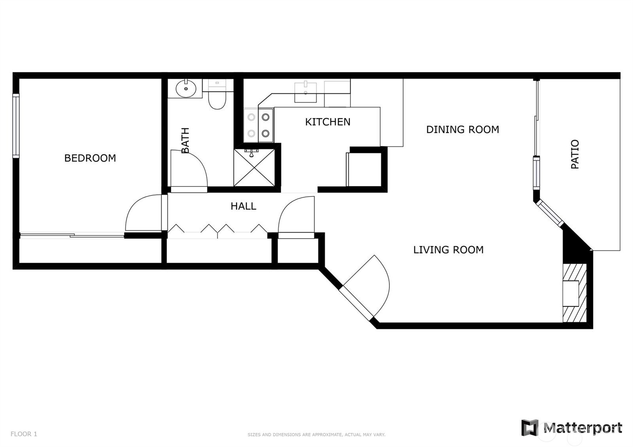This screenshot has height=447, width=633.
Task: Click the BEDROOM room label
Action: click(x=90, y=158)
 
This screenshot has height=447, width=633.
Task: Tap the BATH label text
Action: click(x=185, y=140)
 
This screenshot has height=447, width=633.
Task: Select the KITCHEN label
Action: click(x=328, y=122)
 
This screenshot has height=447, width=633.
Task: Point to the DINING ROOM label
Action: click(x=462, y=129)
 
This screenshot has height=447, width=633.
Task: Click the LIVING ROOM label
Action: click(x=449, y=250)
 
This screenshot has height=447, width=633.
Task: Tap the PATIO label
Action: click(x=575, y=154)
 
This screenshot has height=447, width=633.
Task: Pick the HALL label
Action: click(x=243, y=206)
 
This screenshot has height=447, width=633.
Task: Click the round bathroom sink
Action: click(x=186, y=89)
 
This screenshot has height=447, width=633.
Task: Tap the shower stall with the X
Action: click(x=254, y=168)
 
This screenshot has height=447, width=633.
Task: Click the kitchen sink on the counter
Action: click(x=305, y=92)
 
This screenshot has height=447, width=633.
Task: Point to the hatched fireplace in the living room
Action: click(x=575, y=293)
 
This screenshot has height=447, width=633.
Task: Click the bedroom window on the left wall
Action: click(x=16, y=126)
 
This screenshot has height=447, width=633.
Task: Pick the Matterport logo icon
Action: click(x=530, y=428)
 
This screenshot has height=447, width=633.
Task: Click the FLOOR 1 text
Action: click(x=24, y=434)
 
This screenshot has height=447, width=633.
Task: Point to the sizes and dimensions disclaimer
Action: click(x=316, y=435)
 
